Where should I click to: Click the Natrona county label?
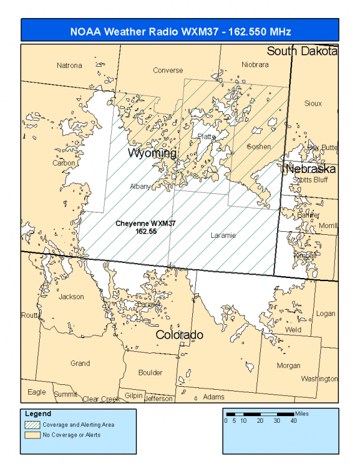coord(69,65)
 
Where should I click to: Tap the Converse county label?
coord(168,70)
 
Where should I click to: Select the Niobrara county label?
coord(255,65)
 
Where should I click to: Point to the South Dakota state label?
coord(302,51)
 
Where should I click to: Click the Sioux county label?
coord(313,103)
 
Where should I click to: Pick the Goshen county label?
coord(259,147)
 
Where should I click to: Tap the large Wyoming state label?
coord(152,154)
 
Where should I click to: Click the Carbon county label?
coord(64,163)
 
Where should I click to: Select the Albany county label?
coord(141,187)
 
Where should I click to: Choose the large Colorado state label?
coord(179,334)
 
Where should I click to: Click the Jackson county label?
coord(72,297)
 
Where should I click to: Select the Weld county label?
coord(293,330)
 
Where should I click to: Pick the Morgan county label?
coord(288,366)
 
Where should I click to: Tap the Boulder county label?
coord(150,372)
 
